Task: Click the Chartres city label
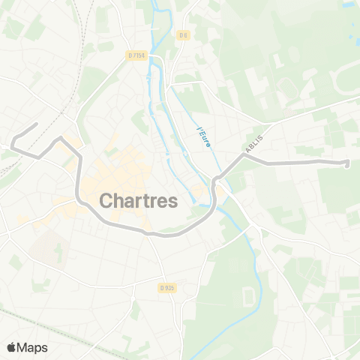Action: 138,200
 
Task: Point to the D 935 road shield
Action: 166,287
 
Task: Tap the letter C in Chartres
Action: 106,200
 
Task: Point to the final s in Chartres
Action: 173,200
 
